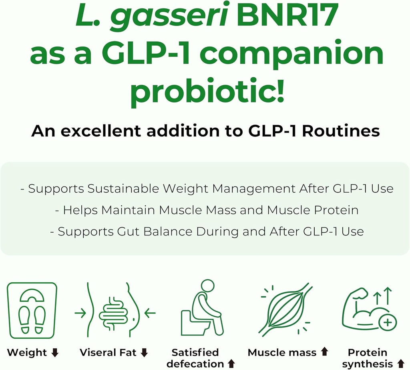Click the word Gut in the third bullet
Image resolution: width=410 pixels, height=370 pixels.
(127, 231)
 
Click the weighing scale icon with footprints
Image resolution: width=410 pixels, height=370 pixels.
(32, 310)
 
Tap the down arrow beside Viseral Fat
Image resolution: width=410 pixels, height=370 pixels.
(145, 353)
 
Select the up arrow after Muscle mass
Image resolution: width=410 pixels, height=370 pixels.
(324, 352)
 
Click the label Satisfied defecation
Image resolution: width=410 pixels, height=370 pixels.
(195, 358)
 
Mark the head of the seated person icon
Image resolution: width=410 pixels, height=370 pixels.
(208, 286)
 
